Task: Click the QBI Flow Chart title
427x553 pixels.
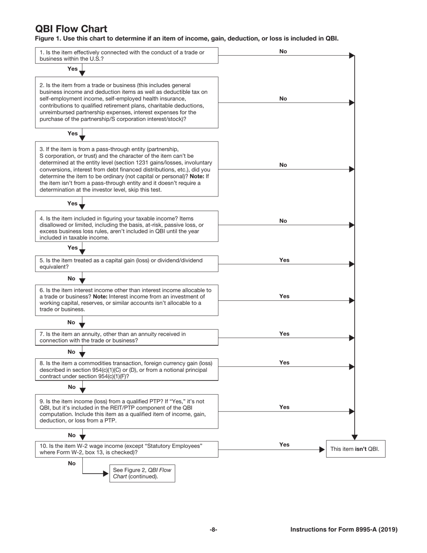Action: [x=71, y=29]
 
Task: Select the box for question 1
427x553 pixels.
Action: [x=126, y=55]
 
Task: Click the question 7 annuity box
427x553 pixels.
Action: [x=126, y=337]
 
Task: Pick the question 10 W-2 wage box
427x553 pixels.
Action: [x=126, y=449]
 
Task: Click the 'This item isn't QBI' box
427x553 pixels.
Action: [x=355, y=449]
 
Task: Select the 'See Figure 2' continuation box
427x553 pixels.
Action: [x=142, y=473]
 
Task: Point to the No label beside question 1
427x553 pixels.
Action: [x=283, y=51]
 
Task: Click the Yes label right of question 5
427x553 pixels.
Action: [x=284, y=260]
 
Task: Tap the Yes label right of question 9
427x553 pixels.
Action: [x=284, y=407]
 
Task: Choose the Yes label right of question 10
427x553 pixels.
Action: [x=284, y=445]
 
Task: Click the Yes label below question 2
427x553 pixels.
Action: [x=72, y=134]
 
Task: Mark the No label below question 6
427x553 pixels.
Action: [x=71, y=322]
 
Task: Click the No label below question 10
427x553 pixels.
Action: [x=71, y=463]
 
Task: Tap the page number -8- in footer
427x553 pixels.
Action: [x=213, y=530]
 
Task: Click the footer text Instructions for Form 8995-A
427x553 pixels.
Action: [x=344, y=530]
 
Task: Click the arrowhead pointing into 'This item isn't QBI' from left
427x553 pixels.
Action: [x=322, y=449]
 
